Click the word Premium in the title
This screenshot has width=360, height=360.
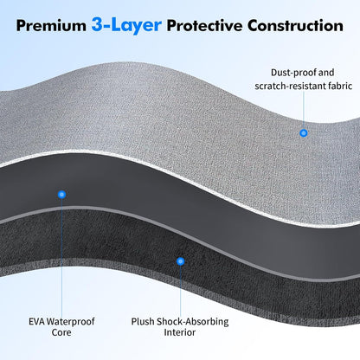[51, 26]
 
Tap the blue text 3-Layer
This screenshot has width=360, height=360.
[126, 25]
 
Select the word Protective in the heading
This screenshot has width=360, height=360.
[204, 26]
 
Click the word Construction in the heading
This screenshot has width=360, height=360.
[295, 26]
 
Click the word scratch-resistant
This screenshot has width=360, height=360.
[292, 86]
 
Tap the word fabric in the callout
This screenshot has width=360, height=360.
[342, 86]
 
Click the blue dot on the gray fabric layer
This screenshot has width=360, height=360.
[304, 133]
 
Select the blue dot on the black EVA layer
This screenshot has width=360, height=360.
[61, 195]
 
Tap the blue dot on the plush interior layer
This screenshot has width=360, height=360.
[181, 261]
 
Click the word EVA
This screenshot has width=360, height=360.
[36, 321]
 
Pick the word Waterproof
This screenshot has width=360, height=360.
[71, 322]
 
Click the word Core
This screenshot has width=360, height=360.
[61, 332]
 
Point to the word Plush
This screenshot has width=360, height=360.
[143, 321]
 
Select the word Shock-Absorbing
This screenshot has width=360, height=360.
[193, 322]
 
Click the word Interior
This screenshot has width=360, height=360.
[180, 332]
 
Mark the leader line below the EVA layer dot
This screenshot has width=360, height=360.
[61, 257]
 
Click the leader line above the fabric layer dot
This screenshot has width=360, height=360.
[304, 111]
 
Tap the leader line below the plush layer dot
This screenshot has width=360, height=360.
[181, 291]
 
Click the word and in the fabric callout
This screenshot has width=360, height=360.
[326, 73]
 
